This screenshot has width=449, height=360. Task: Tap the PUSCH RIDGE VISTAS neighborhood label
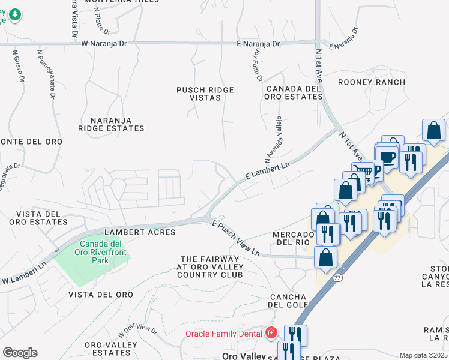point(205,94)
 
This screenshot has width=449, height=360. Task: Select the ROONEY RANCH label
point(371,82)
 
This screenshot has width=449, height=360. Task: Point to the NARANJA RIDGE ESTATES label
point(112,124)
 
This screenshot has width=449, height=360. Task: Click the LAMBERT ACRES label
point(140,232)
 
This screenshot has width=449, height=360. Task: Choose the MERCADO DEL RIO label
point(295,238)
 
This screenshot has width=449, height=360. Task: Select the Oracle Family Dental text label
point(224,334)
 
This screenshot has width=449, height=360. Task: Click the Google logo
point(20,353)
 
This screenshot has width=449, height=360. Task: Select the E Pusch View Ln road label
point(236,238)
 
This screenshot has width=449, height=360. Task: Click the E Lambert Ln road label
point(268,170)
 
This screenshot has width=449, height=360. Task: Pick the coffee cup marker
point(388,158)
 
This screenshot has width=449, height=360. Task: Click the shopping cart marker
point(361,171)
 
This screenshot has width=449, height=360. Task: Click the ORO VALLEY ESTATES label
point(112,349)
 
